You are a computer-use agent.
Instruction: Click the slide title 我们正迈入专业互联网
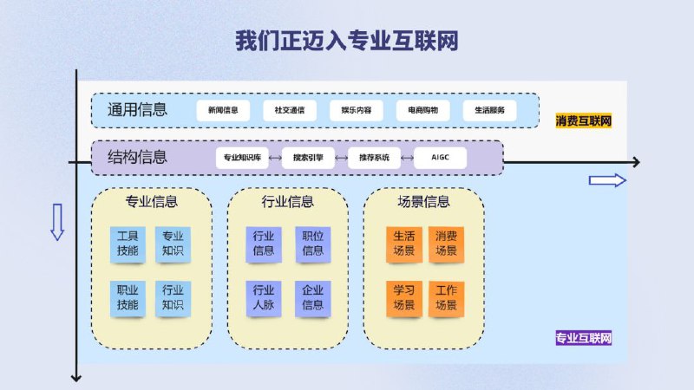346,41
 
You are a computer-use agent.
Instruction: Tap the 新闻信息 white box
223,110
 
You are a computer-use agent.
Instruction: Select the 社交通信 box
290,110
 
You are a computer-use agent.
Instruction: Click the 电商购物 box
422,110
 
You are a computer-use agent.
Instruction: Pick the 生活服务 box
489,110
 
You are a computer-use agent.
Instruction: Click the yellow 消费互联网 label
583,120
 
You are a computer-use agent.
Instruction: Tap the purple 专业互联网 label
583,338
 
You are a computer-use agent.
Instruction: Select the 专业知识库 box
242,158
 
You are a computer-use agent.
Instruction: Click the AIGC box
440,158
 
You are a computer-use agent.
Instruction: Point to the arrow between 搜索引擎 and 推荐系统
341,158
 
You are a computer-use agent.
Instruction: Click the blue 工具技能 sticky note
128,244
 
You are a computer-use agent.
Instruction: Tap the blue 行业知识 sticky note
173,298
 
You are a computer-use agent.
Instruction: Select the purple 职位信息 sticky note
312,244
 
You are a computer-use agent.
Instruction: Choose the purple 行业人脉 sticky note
264,298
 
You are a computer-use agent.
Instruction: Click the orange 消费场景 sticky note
446,244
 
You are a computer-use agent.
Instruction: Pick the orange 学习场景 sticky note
404,298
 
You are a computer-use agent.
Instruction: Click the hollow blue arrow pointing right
607,180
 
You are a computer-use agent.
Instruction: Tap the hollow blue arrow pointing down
57,222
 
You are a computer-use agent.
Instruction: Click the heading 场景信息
423,202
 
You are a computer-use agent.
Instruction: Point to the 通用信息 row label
137,110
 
